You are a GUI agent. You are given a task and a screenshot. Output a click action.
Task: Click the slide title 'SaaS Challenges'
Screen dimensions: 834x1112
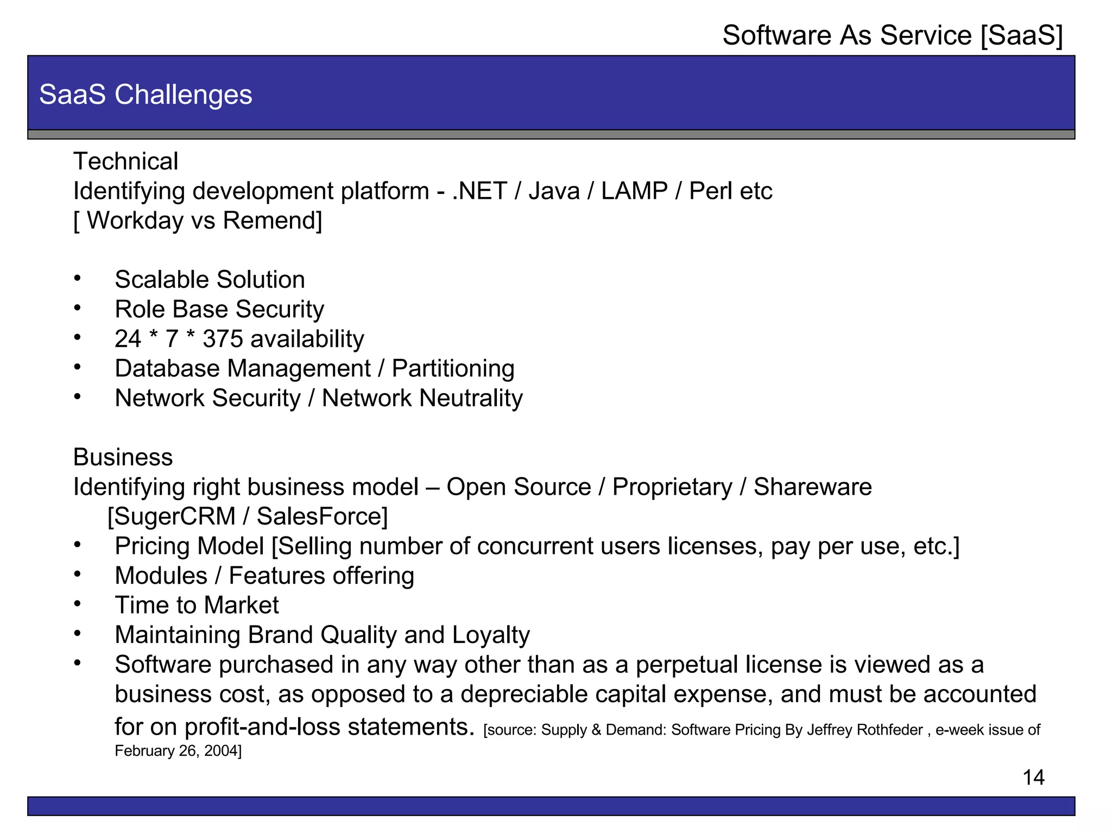point(146,94)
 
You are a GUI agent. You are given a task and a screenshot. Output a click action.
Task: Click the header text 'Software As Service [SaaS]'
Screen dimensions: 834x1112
point(892,36)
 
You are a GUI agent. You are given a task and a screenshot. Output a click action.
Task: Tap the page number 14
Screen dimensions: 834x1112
point(1033,778)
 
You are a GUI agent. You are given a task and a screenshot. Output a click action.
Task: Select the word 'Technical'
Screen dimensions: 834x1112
point(125,161)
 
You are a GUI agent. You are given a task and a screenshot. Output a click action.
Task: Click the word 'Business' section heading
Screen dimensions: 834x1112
point(123,457)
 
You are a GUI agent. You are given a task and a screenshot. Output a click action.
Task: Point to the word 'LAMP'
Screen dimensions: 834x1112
point(634,191)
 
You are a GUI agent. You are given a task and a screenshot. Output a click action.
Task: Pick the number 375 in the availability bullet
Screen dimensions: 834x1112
point(223,339)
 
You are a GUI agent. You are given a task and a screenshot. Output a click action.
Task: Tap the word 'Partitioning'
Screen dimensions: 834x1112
point(453,369)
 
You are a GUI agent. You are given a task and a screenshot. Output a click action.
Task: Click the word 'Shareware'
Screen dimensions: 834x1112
point(812,487)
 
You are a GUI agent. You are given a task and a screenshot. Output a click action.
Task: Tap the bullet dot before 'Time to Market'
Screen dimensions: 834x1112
point(78,604)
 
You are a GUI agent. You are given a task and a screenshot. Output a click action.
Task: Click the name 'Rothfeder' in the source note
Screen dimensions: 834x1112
point(892,730)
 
